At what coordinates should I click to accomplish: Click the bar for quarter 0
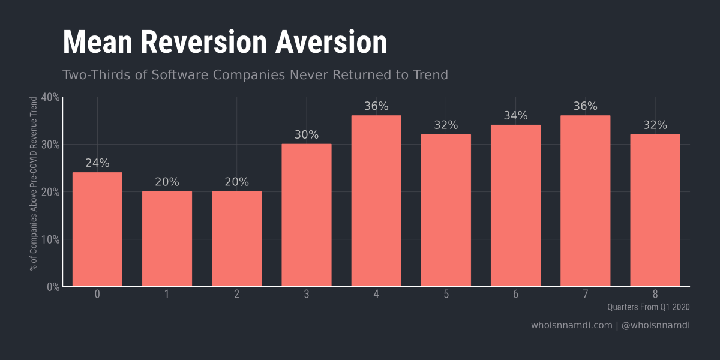pos(97,229)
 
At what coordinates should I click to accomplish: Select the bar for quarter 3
pos(306,215)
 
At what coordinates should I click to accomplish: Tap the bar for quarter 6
pos(515,205)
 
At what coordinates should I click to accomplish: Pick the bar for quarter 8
pos(655,210)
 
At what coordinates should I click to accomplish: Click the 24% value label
pos(97,163)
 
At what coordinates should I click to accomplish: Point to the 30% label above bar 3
pos(306,135)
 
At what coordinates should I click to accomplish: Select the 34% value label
pos(515,116)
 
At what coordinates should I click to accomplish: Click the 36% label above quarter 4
pos(376,106)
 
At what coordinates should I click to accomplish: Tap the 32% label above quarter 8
pos(655,125)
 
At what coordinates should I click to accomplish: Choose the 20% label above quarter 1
pos(167,182)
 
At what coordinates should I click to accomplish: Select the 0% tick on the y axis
pos(53,287)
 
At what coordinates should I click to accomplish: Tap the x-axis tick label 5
pos(446,294)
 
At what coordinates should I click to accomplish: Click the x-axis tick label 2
pos(236,294)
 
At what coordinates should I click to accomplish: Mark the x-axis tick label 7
pos(585,294)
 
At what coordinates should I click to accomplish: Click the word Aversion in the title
pos(331,43)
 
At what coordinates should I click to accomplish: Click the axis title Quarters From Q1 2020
pos(648,307)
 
